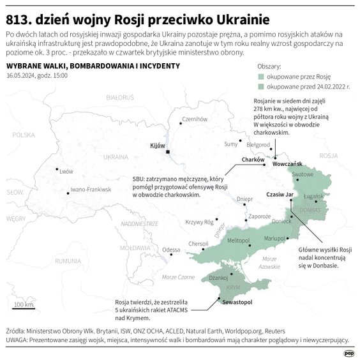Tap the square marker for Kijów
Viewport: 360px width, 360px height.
click(x=167, y=152)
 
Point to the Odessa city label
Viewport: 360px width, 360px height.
click(x=171, y=249)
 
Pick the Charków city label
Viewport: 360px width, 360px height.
click(x=253, y=160)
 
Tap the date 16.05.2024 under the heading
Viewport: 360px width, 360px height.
click(x=21, y=75)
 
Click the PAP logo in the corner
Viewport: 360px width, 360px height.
click(x=349, y=353)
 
